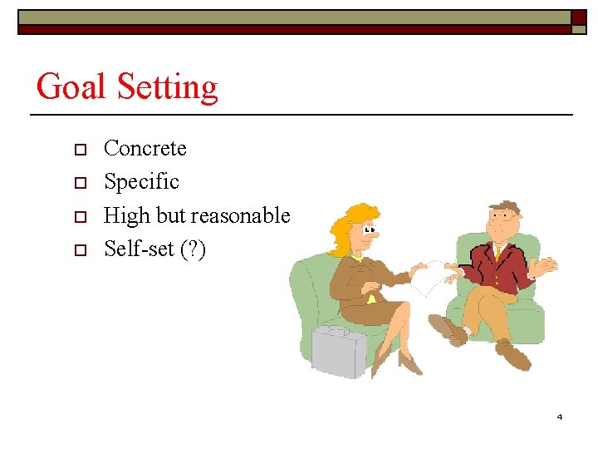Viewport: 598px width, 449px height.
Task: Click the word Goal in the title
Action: point(72,87)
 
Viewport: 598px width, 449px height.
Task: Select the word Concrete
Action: point(145,149)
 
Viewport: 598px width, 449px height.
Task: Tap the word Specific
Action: point(141,182)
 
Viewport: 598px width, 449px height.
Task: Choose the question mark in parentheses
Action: point(193,249)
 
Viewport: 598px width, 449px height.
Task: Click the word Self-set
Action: point(139,249)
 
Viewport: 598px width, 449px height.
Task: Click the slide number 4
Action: point(559,416)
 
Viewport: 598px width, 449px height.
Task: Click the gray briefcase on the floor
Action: point(339,351)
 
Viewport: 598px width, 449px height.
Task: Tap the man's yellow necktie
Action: point(498,251)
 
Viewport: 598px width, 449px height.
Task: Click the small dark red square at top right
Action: point(578,17)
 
